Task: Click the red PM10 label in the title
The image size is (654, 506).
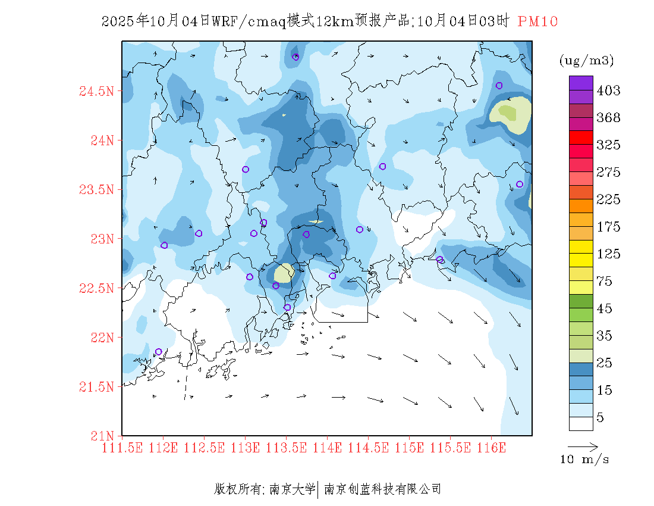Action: tap(537, 22)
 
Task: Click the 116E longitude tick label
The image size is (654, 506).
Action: tap(491, 448)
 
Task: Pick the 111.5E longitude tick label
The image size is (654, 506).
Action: tap(122, 448)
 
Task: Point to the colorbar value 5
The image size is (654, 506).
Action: tap(600, 418)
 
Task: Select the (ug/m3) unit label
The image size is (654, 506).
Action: tap(586, 61)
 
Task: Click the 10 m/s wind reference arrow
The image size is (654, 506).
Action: tap(583, 446)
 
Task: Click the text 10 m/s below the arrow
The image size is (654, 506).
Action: tap(585, 460)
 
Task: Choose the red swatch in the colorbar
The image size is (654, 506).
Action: tap(581, 137)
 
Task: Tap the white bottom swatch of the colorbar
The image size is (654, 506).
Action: tap(581, 423)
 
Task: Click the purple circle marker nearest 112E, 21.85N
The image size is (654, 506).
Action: tap(159, 352)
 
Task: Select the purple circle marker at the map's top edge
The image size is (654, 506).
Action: tap(295, 57)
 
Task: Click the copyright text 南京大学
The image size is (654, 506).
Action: tap(292, 489)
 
